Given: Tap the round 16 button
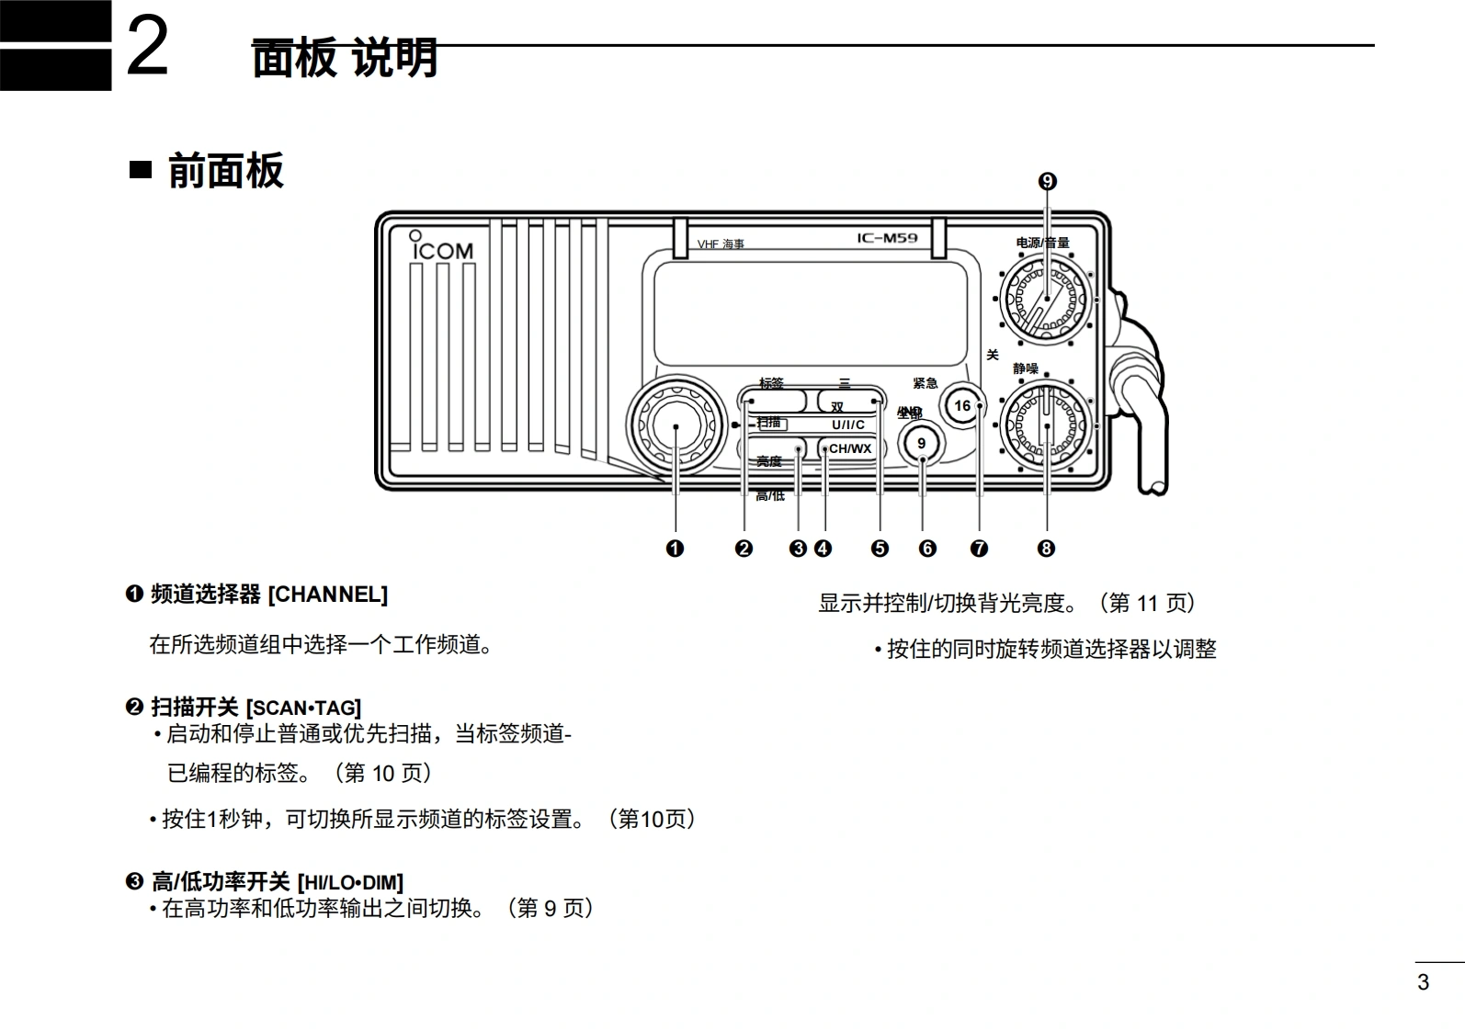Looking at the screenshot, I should coord(962,405).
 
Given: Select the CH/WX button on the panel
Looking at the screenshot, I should coord(850,449).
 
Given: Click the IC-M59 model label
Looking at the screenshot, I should coord(887,238).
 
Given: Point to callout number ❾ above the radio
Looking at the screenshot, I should coord(1047,182).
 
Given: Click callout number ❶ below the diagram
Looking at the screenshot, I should coord(675,549).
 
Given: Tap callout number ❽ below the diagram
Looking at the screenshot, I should coord(1046,549).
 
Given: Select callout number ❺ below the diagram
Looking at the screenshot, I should coord(880,549).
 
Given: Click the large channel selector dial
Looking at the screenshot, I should coord(676,426).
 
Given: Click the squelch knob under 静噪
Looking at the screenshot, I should coord(1047,426).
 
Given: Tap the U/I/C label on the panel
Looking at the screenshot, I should coord(848,425).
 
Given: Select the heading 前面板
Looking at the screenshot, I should coord(225,171).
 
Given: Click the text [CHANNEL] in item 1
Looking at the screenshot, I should coord(327,595).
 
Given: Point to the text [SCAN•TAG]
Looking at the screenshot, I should coord(303,708).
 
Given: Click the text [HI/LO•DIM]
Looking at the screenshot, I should coord(350,883).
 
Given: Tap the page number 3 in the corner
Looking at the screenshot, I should coord(1423,982).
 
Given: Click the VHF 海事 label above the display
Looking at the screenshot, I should coord(721,244).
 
